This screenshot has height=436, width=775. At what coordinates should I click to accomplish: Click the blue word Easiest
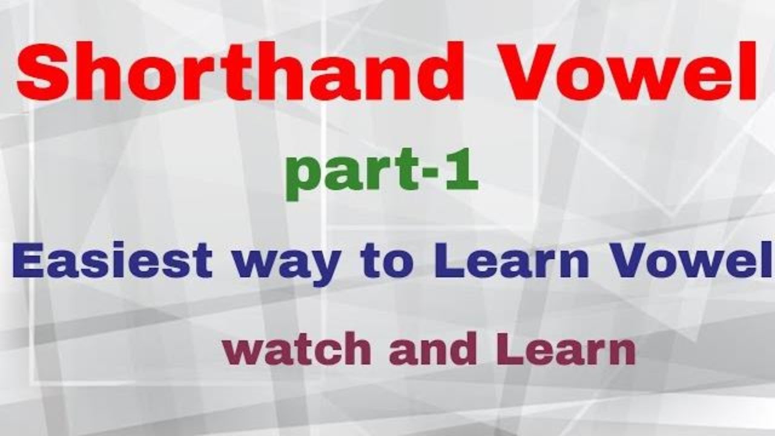pos(112,262)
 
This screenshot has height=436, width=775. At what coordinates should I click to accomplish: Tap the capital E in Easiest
pos(28,262)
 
